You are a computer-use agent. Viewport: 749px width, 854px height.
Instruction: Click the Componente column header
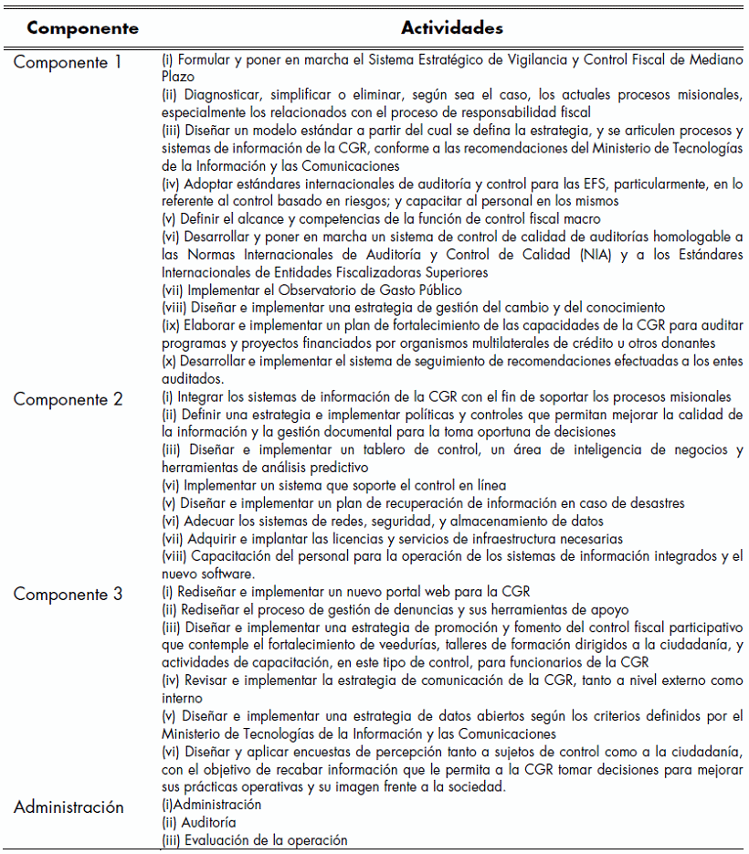[x=83, y=28]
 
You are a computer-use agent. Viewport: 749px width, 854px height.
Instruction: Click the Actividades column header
[x=452, y=28]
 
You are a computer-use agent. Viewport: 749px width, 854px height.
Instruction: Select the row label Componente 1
[x=67, y=63]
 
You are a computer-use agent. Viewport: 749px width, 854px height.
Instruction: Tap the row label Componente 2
[x=68, y=400]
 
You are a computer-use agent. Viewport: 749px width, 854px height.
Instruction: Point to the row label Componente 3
[x=68, y=595]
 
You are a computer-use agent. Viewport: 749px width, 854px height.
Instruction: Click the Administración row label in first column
[x=69, y=807]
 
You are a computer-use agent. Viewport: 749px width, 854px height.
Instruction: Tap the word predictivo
[x=328, y=468]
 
